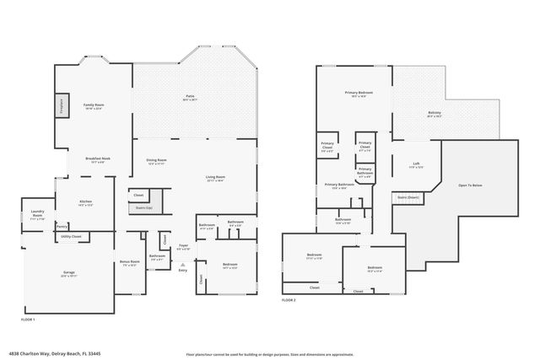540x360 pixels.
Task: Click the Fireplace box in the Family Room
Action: [61, 105]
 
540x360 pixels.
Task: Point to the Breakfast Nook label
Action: [98, 159]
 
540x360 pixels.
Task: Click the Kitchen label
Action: [85, 202]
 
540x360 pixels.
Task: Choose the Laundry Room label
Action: [37, 212]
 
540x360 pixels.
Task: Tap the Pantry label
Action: [62, 226]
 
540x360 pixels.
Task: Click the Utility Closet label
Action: [71, 238]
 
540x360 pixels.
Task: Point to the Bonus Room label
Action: [129, 263]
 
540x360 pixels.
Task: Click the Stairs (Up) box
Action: [143, 207]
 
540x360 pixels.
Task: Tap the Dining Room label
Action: [156, 161]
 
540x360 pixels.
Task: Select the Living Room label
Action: [215, 178]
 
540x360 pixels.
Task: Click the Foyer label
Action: [183, 247]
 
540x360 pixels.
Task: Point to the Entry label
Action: [182, 270]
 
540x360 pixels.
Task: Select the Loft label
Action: [417, 164]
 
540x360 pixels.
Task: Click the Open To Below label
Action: [470, 185]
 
